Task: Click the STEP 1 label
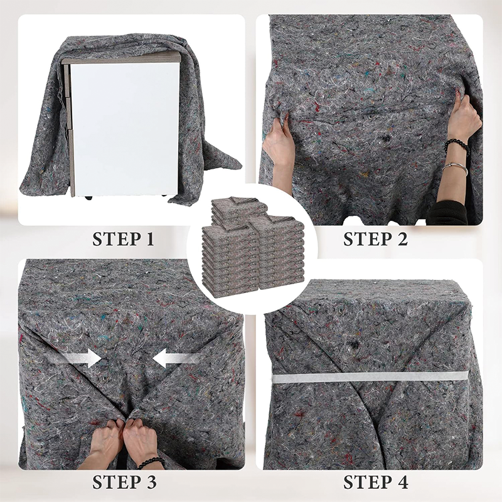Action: (x=123, y=239)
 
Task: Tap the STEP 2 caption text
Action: (x=375, y=239)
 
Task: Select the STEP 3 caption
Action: (x=124, y=483)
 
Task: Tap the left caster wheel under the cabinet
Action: (x=88, y=198)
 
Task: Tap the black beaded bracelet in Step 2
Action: (x=456, y=146)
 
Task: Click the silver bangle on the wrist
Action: (x=454, y=168)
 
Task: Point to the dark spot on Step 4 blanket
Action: (x=355, y=344)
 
